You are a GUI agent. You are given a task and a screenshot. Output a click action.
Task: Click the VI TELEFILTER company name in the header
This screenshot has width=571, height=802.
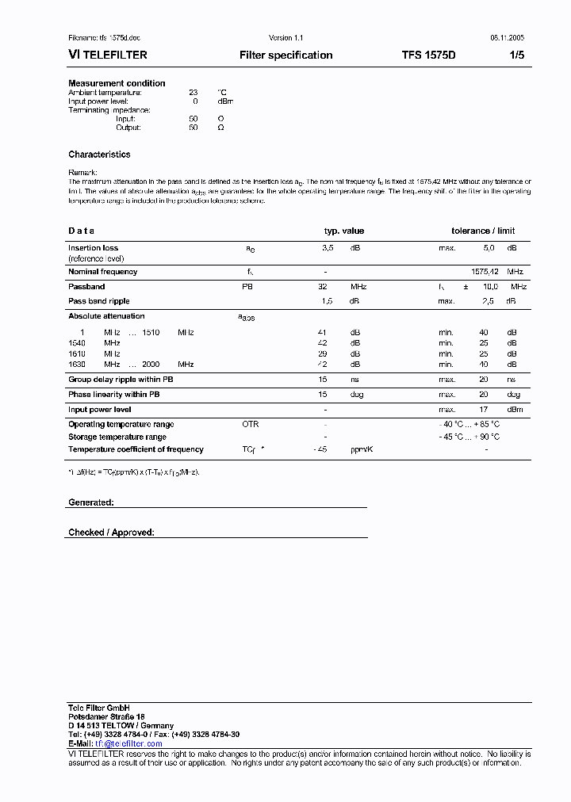(108, 55)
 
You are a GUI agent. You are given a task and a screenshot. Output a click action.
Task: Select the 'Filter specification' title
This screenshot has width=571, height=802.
(285, 55)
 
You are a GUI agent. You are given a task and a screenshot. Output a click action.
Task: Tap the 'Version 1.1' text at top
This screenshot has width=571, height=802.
(285, 38)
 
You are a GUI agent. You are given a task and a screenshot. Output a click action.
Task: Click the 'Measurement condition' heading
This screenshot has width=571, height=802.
(117, 83)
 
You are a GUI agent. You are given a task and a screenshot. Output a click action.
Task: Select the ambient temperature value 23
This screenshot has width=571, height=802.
(193, 93)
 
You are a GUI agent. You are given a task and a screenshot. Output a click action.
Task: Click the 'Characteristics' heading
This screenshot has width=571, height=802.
(99, 155)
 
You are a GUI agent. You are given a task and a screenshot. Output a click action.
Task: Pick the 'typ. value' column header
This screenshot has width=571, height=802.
(343, 231)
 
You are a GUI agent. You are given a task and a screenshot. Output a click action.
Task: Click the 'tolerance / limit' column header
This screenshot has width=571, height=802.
(483, 231)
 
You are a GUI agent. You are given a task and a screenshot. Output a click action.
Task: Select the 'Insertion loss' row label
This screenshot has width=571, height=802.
(93, 248)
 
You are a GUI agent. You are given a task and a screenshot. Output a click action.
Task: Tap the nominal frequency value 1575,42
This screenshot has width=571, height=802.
(485, 272)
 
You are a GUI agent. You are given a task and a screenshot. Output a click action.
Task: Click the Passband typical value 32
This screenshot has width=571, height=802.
(323, 286)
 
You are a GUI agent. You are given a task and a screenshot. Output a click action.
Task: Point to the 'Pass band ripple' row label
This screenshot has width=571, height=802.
(99, 301)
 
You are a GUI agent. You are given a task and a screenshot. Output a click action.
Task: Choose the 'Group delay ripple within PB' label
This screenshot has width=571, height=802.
(121, 380)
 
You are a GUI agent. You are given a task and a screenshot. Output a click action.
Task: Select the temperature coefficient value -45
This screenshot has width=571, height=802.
(321, 449)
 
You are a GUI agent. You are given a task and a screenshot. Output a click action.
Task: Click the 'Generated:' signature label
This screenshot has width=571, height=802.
(91, 502)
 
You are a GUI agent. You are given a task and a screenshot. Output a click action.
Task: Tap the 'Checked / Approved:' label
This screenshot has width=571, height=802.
(111, 533)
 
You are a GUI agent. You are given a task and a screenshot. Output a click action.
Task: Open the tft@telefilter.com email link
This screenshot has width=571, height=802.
(128, 744)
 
